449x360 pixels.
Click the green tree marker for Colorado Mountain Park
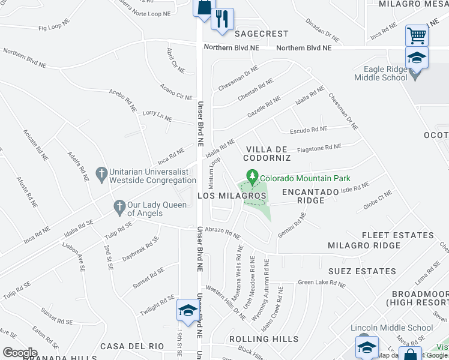[253, 177]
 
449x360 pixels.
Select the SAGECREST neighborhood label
[261, 34]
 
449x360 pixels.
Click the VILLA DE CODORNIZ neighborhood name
[267, 153]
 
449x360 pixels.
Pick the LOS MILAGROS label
[232, 196]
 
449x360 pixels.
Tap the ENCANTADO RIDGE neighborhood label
[312, 196]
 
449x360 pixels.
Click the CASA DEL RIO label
[132, 346]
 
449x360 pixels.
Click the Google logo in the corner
[20, 352]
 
